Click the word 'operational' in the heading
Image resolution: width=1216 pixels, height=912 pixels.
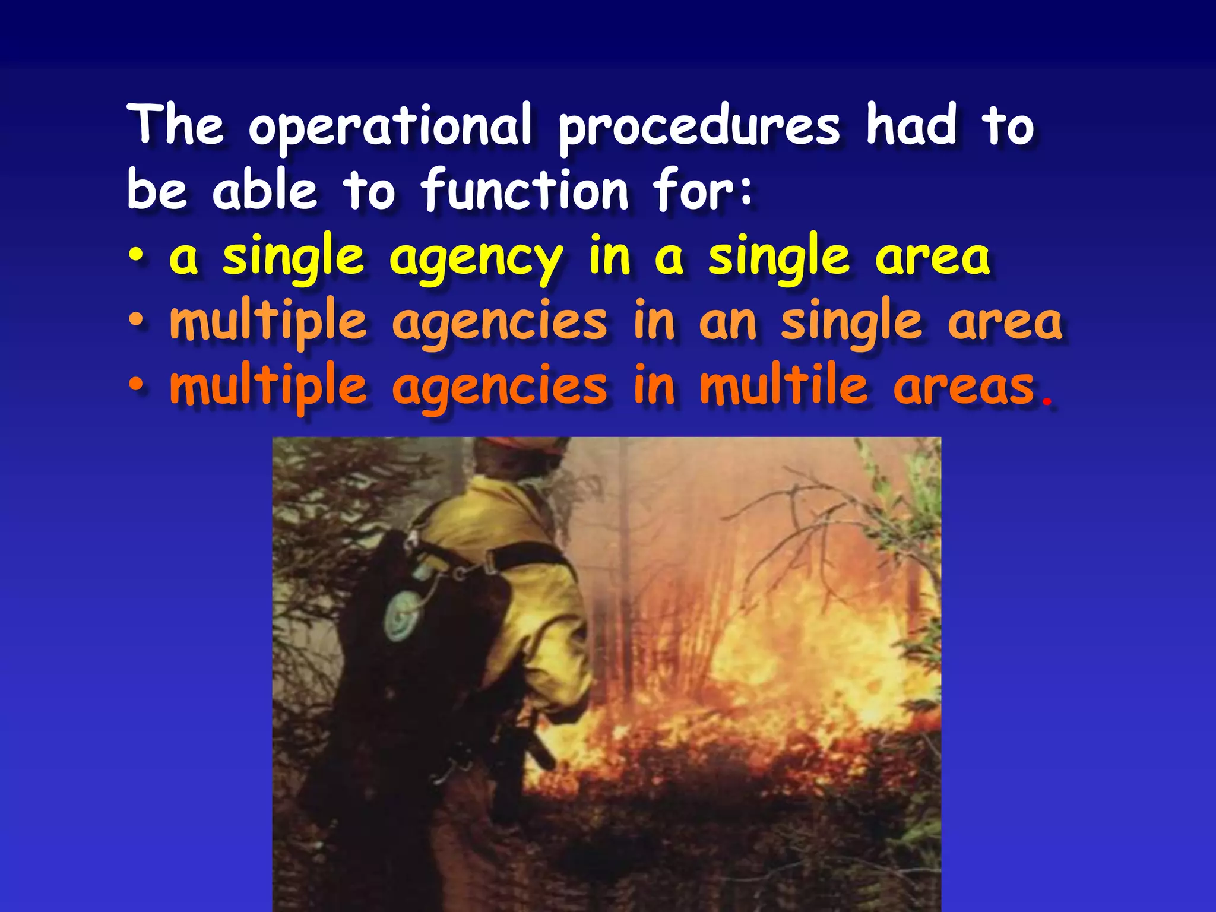tap(389, 126)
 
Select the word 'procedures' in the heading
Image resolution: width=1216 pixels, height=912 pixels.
tap(698, 126)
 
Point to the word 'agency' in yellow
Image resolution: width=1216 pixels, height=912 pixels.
tap(476, 258)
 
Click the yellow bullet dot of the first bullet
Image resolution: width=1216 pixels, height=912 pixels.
tap(136, 258)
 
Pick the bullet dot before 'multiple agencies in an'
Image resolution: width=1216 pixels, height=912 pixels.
tap(136, 322)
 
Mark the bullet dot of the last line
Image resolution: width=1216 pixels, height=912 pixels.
tap(136, 386)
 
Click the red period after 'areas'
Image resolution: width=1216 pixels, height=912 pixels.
tap(1048, 403)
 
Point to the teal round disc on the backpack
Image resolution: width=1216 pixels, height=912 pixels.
tap(403, 615)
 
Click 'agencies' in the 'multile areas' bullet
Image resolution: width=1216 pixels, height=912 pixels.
tap(499, 387)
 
